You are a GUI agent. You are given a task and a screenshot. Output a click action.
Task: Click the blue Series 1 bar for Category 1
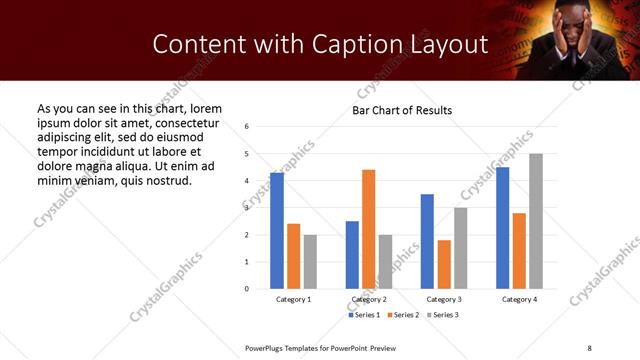point(277,231)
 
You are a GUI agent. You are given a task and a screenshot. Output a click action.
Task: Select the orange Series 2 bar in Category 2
point(368,229)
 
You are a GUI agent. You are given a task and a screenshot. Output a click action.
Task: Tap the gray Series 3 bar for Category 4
point(536,221)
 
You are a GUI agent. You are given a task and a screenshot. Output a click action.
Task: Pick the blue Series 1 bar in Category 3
point(427,241)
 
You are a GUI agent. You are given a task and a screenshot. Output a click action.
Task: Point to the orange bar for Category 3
point(444,264)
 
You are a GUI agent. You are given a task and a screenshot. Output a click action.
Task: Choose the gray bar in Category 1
point(311,262)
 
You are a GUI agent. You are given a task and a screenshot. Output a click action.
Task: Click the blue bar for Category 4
point(502,228)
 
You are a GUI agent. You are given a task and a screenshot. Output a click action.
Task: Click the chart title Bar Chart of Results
point(402,110)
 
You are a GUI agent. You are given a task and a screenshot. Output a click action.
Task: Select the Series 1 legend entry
point(365,315)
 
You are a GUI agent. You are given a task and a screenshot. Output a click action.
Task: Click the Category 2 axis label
point(369,299)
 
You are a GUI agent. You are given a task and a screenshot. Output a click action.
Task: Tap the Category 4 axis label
point(519,299)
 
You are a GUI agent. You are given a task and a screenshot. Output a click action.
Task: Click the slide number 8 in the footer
point(589,347)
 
